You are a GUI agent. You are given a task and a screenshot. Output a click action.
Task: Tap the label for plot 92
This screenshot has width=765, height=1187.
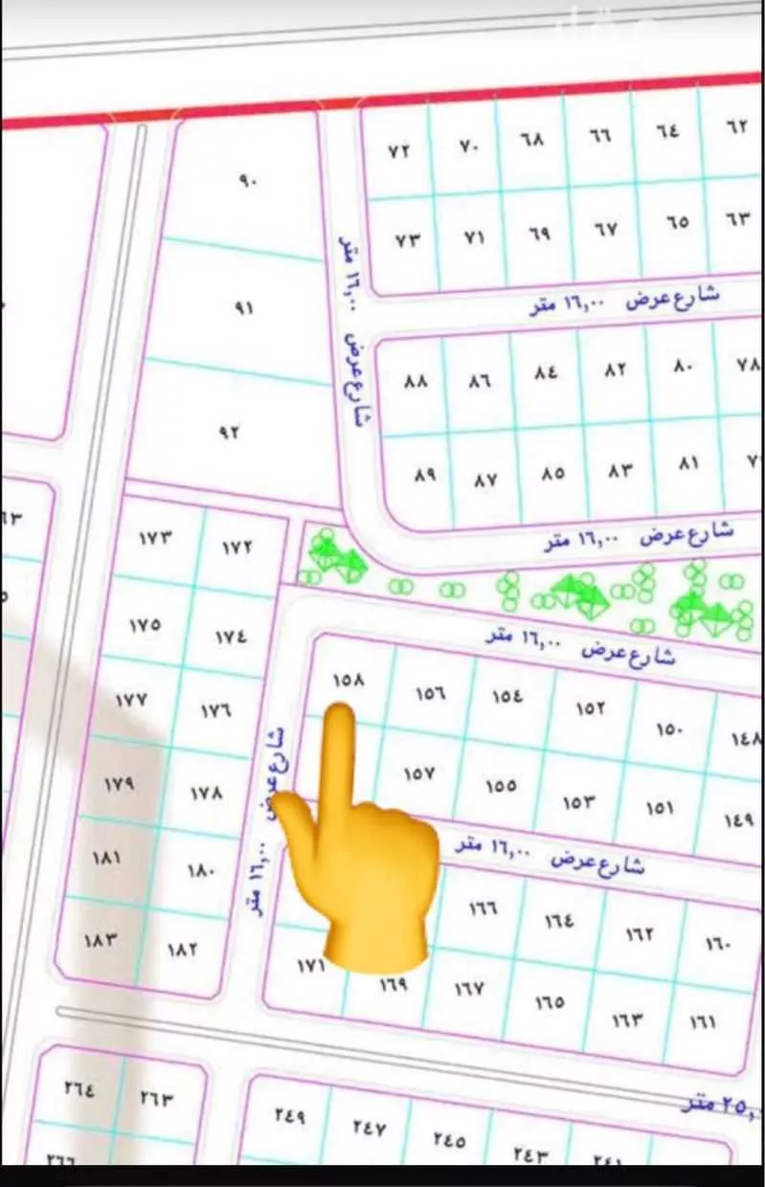coord(231,432)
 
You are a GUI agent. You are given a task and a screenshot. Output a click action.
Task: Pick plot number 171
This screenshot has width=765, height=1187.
coord(310,968)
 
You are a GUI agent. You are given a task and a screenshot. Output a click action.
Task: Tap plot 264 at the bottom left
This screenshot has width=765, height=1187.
coord(79,1088)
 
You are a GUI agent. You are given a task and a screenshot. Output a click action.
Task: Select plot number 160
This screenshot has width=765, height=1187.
coord(717,944)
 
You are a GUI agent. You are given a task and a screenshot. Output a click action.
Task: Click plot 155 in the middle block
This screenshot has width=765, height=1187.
coord(500,786)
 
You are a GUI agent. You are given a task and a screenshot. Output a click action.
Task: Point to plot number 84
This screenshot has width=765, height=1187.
coord(546,372)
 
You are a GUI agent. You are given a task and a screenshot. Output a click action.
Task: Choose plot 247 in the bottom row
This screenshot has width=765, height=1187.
coord(369,1129)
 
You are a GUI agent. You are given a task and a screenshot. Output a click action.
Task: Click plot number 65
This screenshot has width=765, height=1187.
coord(677,222)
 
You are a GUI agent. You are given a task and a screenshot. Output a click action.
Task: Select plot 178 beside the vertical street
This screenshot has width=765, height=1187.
coord(206,794)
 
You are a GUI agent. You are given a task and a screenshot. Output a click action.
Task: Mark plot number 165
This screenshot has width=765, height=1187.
coord(550,1002)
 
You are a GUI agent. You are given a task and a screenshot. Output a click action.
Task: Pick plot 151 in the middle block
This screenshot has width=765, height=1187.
coord(659,808)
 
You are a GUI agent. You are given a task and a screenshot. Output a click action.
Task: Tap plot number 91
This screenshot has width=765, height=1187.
coord(244,309)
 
